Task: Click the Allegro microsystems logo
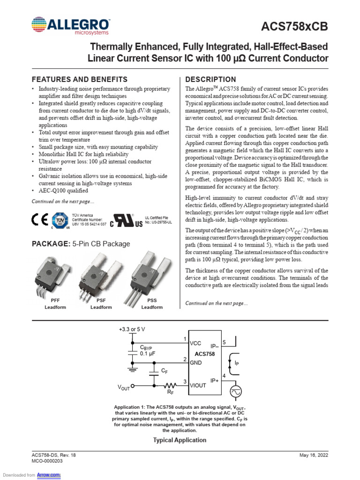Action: click(70, 26)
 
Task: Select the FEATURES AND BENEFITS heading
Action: click(79, 79)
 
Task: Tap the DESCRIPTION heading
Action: click(211, 79)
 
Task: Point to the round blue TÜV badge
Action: click(60, 220)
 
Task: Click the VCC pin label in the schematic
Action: click(195, 344)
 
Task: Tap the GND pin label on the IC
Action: click(196, 363)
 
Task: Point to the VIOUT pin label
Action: click(198, 385)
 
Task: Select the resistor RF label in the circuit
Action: click(171, 393)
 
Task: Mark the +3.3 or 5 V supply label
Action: click(133, 329)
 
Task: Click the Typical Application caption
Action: click(180, 440)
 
